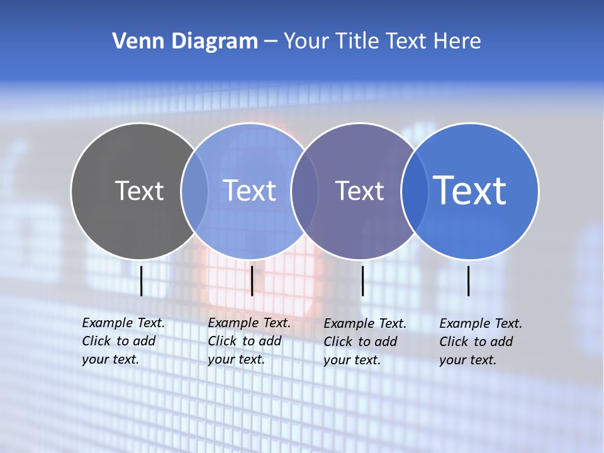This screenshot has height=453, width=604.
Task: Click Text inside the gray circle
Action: [x=139, y=191]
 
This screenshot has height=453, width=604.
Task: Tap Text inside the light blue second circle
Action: [x=249, y=191]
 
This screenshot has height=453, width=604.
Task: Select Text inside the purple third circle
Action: [x=359, y=191]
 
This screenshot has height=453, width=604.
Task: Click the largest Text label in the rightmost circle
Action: [x=470, y=191]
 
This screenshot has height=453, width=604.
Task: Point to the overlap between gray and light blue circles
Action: [x=194, y=191]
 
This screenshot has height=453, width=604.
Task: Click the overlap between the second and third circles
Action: [x=305, y=191]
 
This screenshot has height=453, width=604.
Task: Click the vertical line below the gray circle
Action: [x=142, y=281]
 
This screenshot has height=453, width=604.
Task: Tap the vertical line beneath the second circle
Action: [x=252, y=281]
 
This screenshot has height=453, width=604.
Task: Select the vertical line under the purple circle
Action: [x=362, y=281]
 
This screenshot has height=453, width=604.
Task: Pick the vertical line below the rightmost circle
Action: [x=469, y=281]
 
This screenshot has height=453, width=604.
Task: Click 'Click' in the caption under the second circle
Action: [x=222, y=341]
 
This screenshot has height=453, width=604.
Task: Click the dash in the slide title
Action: [x=271, y=42]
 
